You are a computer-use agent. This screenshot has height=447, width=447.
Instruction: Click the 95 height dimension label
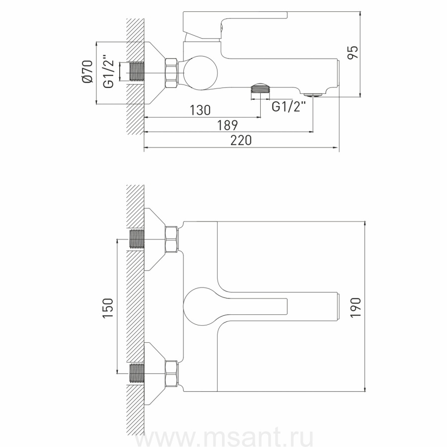353,53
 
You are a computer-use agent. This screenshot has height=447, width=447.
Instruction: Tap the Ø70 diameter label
87,72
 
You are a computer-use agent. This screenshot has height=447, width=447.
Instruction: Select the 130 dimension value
200,110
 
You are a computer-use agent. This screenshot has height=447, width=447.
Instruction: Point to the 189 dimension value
227,125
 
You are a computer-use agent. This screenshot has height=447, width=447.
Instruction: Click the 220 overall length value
241,140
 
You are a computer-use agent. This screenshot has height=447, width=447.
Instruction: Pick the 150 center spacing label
108,308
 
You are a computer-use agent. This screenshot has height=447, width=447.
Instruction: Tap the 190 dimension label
356,307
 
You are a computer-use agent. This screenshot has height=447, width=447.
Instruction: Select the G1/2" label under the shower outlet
289,107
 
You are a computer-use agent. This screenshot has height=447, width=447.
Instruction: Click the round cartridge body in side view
201,73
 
